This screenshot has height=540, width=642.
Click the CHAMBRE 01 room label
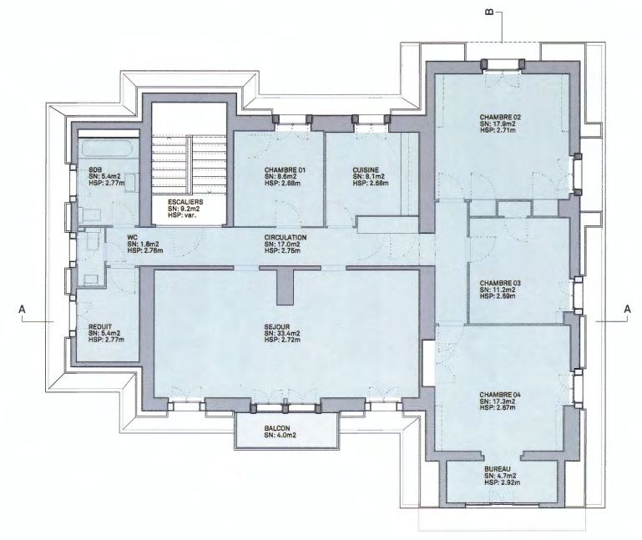click(285, 170)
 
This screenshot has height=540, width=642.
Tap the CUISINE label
click(366, 170)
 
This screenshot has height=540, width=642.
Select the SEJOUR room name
click(277, 327)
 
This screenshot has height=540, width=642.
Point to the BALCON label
click(277, 428)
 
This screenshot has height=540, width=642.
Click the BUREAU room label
click(498, 469)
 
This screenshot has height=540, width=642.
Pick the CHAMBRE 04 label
click(500, 395)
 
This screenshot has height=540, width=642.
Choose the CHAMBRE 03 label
click(500, 283)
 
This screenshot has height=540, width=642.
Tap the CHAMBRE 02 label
click(500, 117)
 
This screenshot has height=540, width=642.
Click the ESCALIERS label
click(185, 202)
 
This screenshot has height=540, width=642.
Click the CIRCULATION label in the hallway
click(286, 238)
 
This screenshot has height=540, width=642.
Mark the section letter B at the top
click(489, 13)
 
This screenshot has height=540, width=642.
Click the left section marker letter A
click(22, 310)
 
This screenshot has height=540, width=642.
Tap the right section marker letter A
click(627, 310)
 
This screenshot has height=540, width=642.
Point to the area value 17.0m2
click(288, 244)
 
